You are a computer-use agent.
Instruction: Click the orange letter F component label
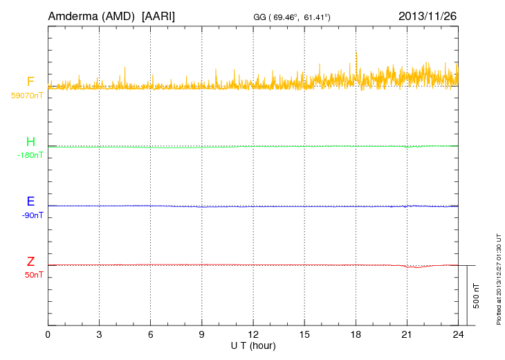click(30, 82)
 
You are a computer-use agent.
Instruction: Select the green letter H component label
click(30, 142)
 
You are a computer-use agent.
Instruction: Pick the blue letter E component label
click(30, 201)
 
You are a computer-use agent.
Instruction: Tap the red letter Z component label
click(30, 262)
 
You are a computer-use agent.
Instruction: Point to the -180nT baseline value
click(30, 155)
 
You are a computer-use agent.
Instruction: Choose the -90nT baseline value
click(32, 215)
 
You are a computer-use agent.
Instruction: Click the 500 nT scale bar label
click(477, 296)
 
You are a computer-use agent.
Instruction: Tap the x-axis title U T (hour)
click(253, 345)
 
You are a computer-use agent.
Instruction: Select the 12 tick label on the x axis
click(253, 334)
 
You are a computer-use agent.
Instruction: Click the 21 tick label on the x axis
click(407, 334)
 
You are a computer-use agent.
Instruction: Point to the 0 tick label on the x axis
click(48, 334)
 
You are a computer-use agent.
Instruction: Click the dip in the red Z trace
click(414, 267)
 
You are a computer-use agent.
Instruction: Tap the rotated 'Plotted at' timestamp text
click(499, 278)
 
